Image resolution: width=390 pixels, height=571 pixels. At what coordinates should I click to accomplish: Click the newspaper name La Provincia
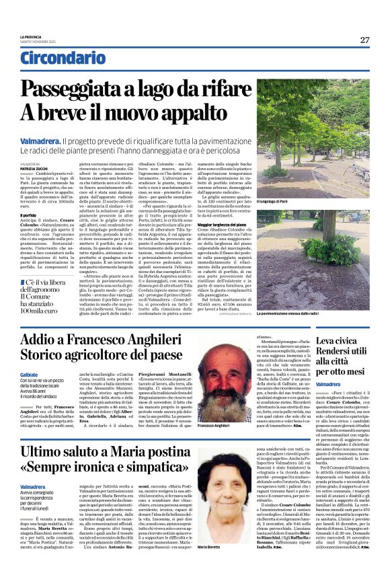[x=30, y=36]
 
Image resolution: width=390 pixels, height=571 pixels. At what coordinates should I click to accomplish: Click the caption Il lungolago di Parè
[x=275, y=201]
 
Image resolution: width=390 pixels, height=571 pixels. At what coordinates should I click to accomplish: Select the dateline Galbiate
[x=30, y=375]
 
